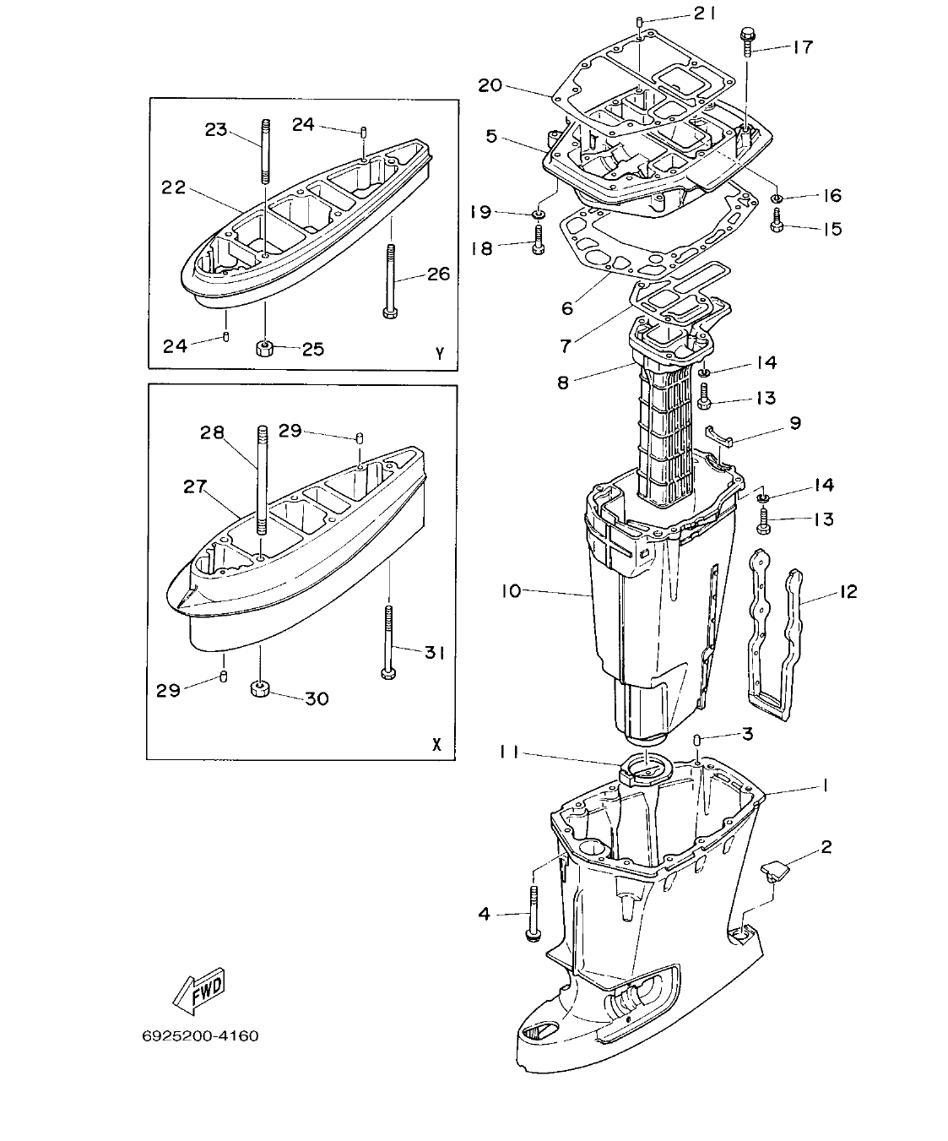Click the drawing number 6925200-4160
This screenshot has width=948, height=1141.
click(x=200, y=1035)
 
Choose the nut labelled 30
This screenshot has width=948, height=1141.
click(x=260, y=687)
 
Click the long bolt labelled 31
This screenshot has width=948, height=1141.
click(x=387, y=642)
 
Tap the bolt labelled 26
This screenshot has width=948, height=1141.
click(x=389, y=281)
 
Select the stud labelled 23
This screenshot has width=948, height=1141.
click(x=265, y=152)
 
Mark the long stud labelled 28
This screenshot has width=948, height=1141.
click(x=262, y=481)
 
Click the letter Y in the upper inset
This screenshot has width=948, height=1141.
click(x=439, y=355)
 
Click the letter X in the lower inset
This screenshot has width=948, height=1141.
click(x=436, y=745)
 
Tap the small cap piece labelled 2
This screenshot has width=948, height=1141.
click(x=773, y=867)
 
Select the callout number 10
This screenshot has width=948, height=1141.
click(x=512, y=591)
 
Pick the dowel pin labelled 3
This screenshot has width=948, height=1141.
click(x=698, y=741)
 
